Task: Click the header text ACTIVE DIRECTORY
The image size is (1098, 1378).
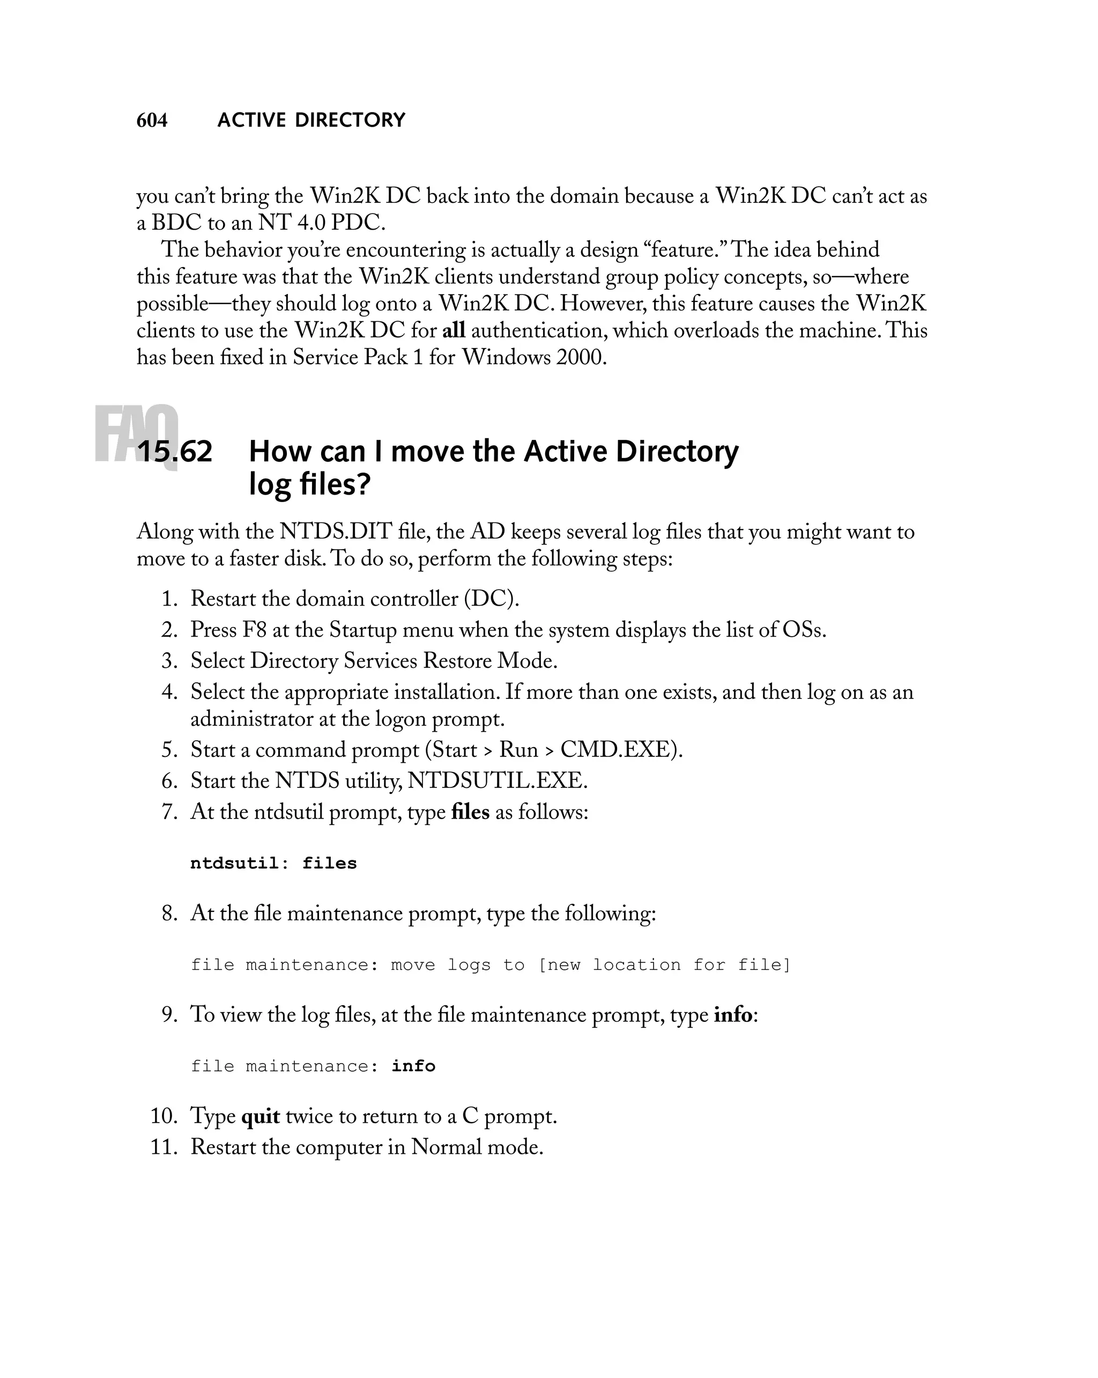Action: (311, 120)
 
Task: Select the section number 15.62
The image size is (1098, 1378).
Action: (174, 452)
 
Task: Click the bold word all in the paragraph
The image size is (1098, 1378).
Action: (454, 330)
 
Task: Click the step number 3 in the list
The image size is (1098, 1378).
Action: (169, 661)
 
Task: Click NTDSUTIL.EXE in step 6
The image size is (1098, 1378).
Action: (497, 781)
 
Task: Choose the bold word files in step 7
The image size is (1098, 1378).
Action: (470, 812)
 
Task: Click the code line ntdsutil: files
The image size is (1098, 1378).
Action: (273, 864)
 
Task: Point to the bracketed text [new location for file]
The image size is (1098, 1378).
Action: (664, 965)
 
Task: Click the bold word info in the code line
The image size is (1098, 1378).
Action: (413, 1066)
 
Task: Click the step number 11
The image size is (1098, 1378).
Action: (164, 1147)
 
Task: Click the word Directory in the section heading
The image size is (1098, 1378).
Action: (677, 452)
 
